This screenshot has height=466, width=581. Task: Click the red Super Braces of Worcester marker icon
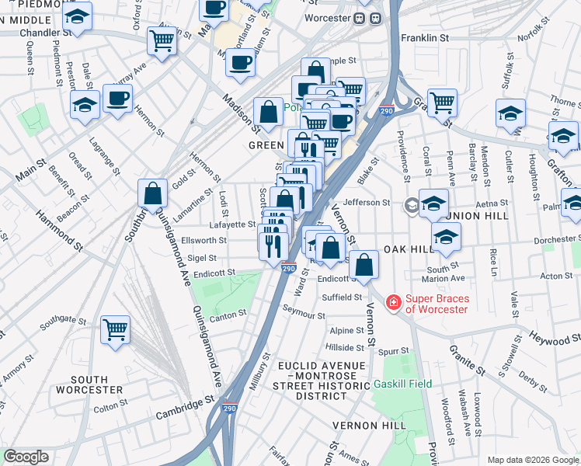[x=394, y=301]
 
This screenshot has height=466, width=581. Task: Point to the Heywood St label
[x=555, y=336]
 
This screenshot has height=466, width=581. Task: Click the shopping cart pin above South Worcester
[x=116, y=329]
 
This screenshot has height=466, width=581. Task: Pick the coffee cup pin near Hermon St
[x=117, y=98]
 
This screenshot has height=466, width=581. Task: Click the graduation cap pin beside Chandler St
[x=77, y=16]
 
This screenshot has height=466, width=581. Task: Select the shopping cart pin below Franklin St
[x=441, y=101]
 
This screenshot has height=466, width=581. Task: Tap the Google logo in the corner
[x=25, y=457]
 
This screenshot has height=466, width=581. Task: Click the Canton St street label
[x=228, y=314]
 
